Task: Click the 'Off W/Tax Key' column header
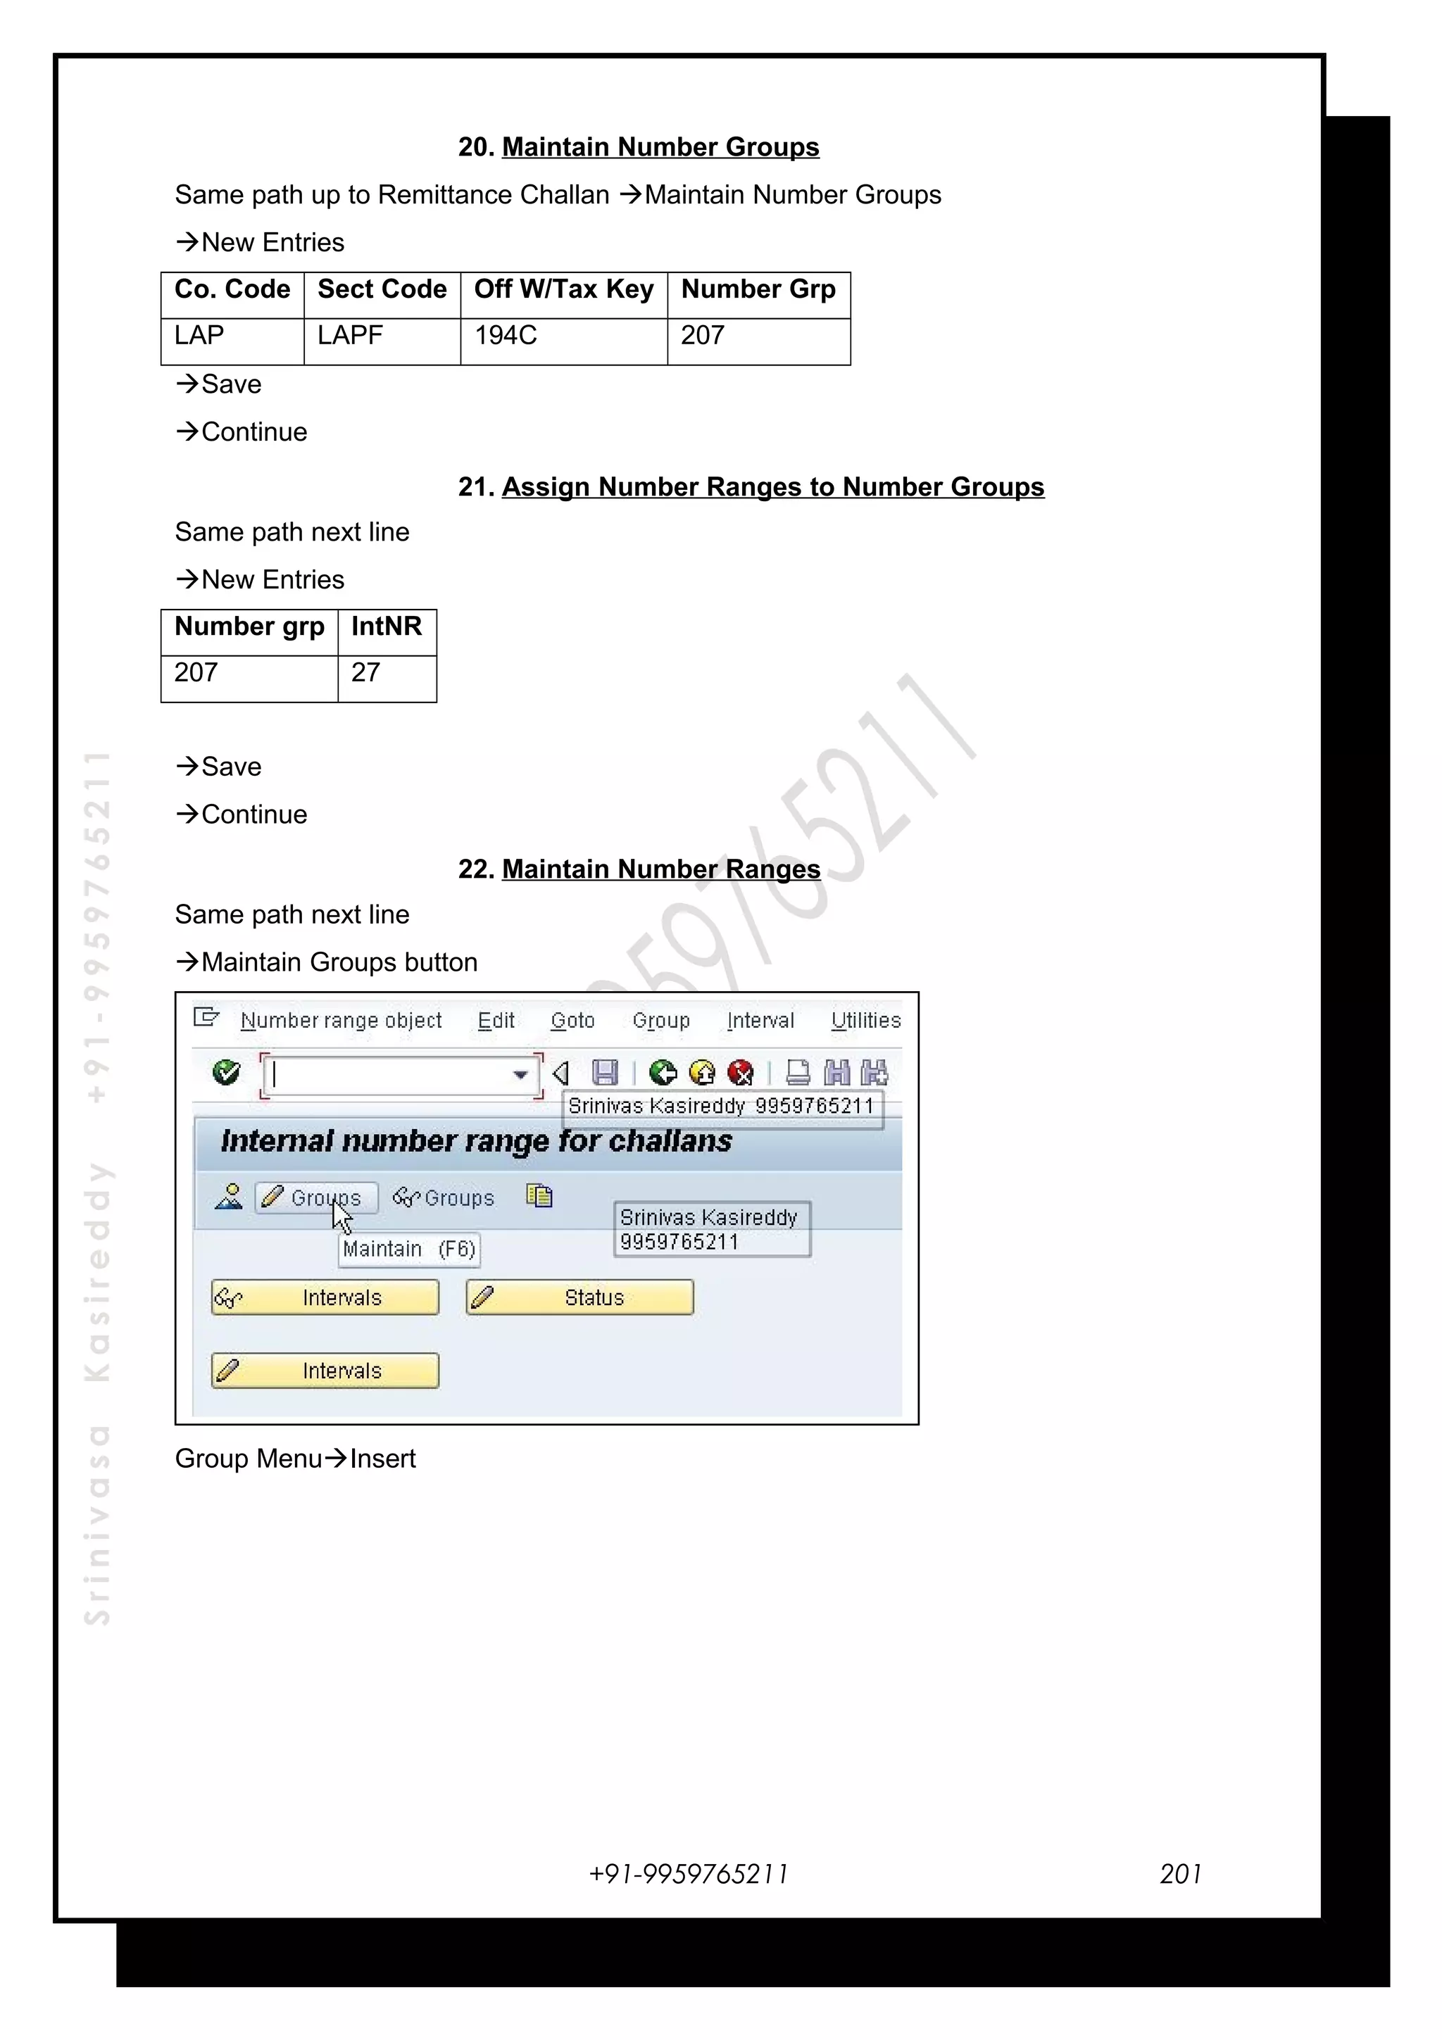[563, 289]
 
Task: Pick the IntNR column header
[387, 627]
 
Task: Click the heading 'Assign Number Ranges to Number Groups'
[772, 487]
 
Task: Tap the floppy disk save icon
[605, 1073]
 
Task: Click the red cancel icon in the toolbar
[740, 1073]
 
